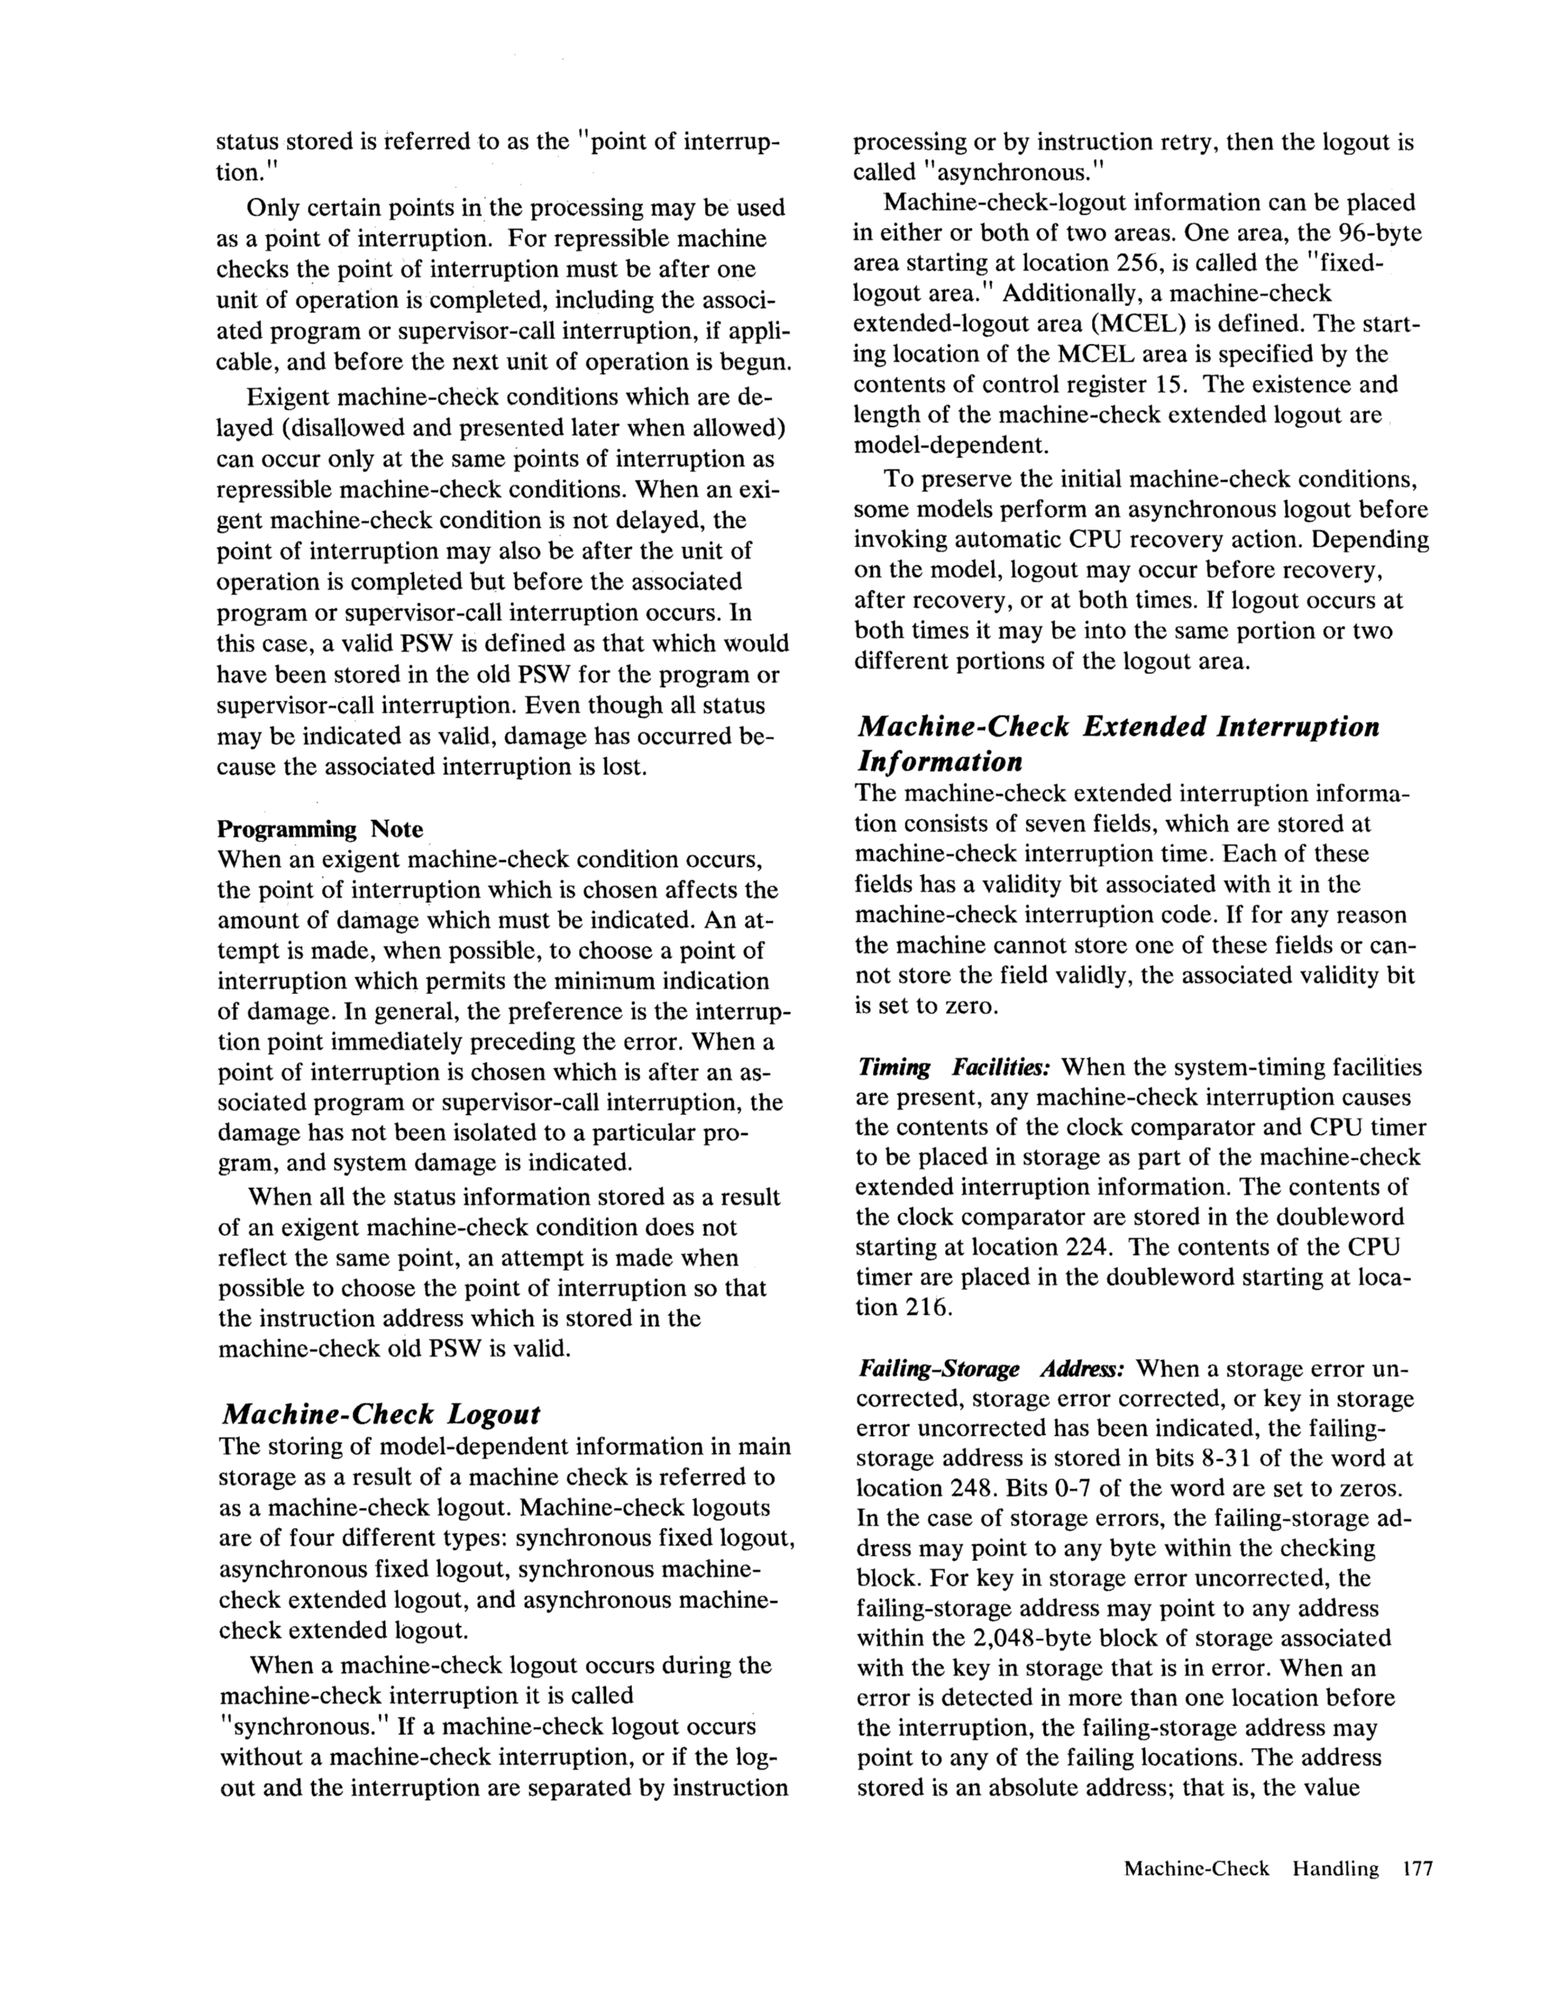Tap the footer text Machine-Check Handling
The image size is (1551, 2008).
tap(1251, 1868)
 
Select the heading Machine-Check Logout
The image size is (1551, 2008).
tap(381, 1414)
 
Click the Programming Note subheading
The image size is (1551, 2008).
tap(319, 830)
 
